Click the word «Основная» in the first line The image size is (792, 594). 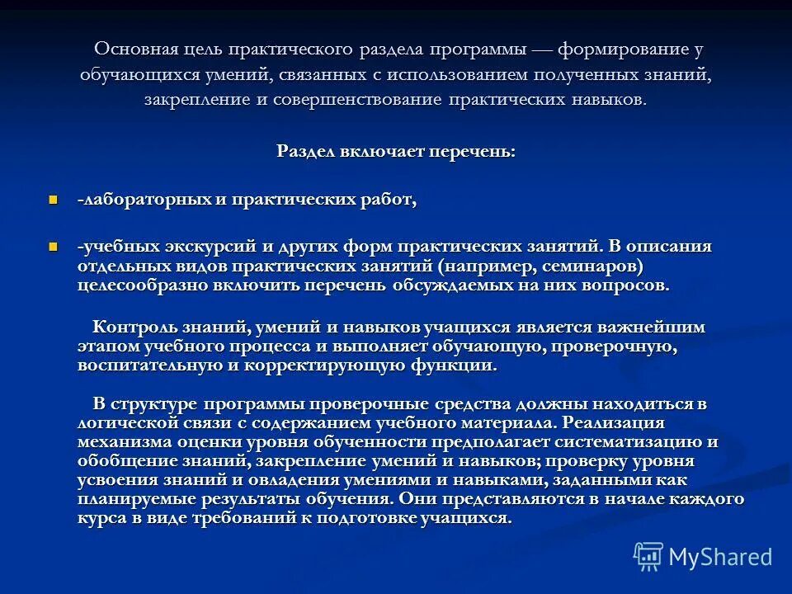pos(131,49)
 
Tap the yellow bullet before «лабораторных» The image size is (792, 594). pos(54,200)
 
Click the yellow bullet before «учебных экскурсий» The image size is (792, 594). pos(54,246)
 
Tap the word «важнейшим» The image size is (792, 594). pos(659,327)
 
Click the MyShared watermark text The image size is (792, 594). pos(720,557)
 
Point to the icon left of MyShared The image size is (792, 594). pos(648,558)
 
